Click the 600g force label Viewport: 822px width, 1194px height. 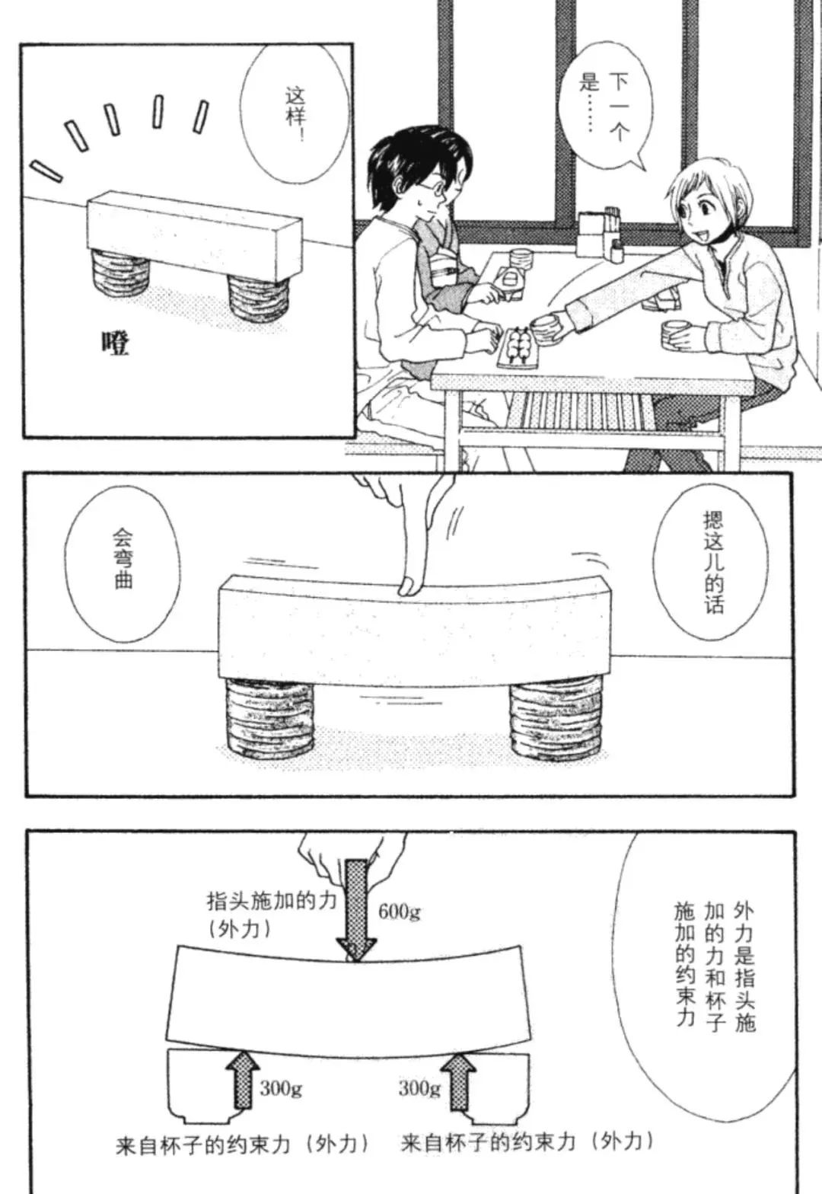tap(400, 912)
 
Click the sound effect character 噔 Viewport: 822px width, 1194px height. tap(116, 344)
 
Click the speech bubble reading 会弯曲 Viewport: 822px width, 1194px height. tap(123, 566)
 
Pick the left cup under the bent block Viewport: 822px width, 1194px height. tap(269, 718)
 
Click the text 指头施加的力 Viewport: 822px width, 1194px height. tap(272, 902)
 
